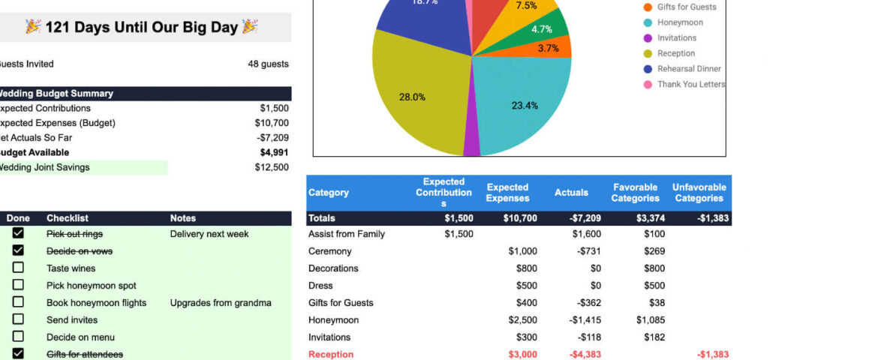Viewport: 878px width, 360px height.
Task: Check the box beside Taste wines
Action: pos(18,268)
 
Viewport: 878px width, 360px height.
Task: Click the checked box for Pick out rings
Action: pos(18,233)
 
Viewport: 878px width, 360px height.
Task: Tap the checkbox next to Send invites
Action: pos(18,319)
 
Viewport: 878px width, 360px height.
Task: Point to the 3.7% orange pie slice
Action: pos(552,48)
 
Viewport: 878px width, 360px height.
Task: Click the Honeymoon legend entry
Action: pos(680,22)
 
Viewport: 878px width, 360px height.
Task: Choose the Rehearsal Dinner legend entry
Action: pos(689,69)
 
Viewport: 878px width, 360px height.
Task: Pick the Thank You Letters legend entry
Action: pos(690,84)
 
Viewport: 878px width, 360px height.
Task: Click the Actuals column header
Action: pos(571,193)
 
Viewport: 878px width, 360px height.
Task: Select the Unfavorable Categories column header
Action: pos(699,193)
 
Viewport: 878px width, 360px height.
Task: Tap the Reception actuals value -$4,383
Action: pos(585,354)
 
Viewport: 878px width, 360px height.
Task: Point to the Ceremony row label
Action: pos(329,251)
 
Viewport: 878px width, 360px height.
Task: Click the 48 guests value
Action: pos(268,64)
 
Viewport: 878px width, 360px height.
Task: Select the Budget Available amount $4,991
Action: pos(274,152)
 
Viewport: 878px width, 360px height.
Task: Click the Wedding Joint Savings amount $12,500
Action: pos(271,167)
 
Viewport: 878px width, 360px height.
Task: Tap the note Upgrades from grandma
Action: pos(221,303)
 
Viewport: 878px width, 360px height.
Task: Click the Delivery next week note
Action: pos(209,234)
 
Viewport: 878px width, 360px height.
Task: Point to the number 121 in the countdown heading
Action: pos(59,27)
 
